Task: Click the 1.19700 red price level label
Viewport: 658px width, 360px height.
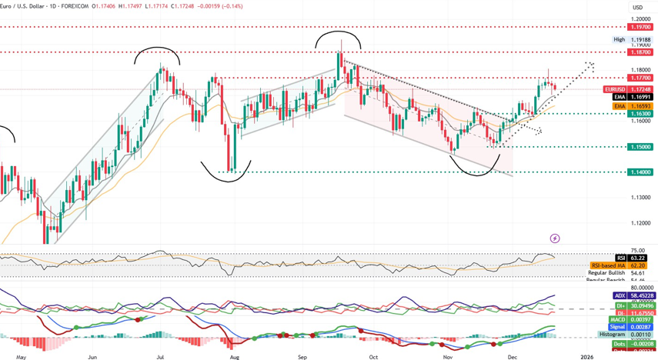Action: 640,27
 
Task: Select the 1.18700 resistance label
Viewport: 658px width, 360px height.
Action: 640,52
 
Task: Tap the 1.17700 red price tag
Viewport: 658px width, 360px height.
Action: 640,78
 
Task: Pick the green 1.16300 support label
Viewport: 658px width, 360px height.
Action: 640,114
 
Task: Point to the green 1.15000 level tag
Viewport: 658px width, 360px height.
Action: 640,147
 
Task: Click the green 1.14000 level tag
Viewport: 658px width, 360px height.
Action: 640,172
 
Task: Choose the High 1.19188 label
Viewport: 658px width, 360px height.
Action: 632,39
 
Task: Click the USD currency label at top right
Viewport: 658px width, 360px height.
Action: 637,8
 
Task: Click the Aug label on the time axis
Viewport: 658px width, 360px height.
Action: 234,356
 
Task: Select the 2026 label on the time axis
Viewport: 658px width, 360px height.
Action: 587,356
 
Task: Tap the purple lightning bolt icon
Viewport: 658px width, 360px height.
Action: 555,239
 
